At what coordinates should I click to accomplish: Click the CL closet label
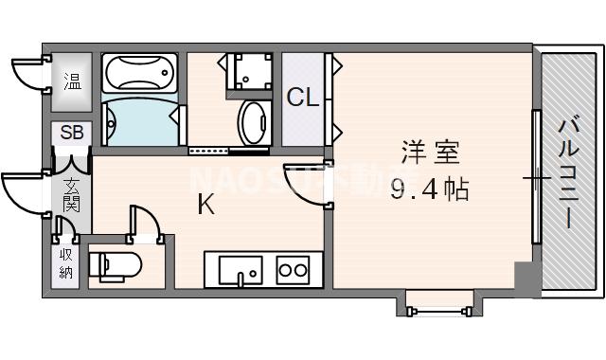click(x=303, y=97)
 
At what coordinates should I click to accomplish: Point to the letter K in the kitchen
click(x=205, y=204)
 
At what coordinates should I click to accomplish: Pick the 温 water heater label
click(x=72, y=79)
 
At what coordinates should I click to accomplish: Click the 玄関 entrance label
click(x=72, y=194)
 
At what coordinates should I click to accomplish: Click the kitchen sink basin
click(x=243, y=270)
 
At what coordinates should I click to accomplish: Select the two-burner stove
click(x=293, y=270)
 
